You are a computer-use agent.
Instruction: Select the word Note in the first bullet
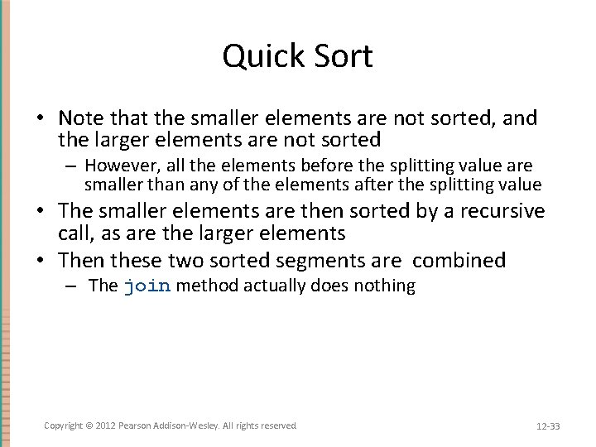click(x=81, y=118)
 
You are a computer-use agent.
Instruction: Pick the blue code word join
click(x=147, y=286)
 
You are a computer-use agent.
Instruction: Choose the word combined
click(x=459, y=260)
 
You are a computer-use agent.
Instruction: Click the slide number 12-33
click(x=548, y=426)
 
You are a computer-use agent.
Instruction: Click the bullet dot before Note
click(x=47, y=119)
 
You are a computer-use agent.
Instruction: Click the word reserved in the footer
click(x=278, y=425)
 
